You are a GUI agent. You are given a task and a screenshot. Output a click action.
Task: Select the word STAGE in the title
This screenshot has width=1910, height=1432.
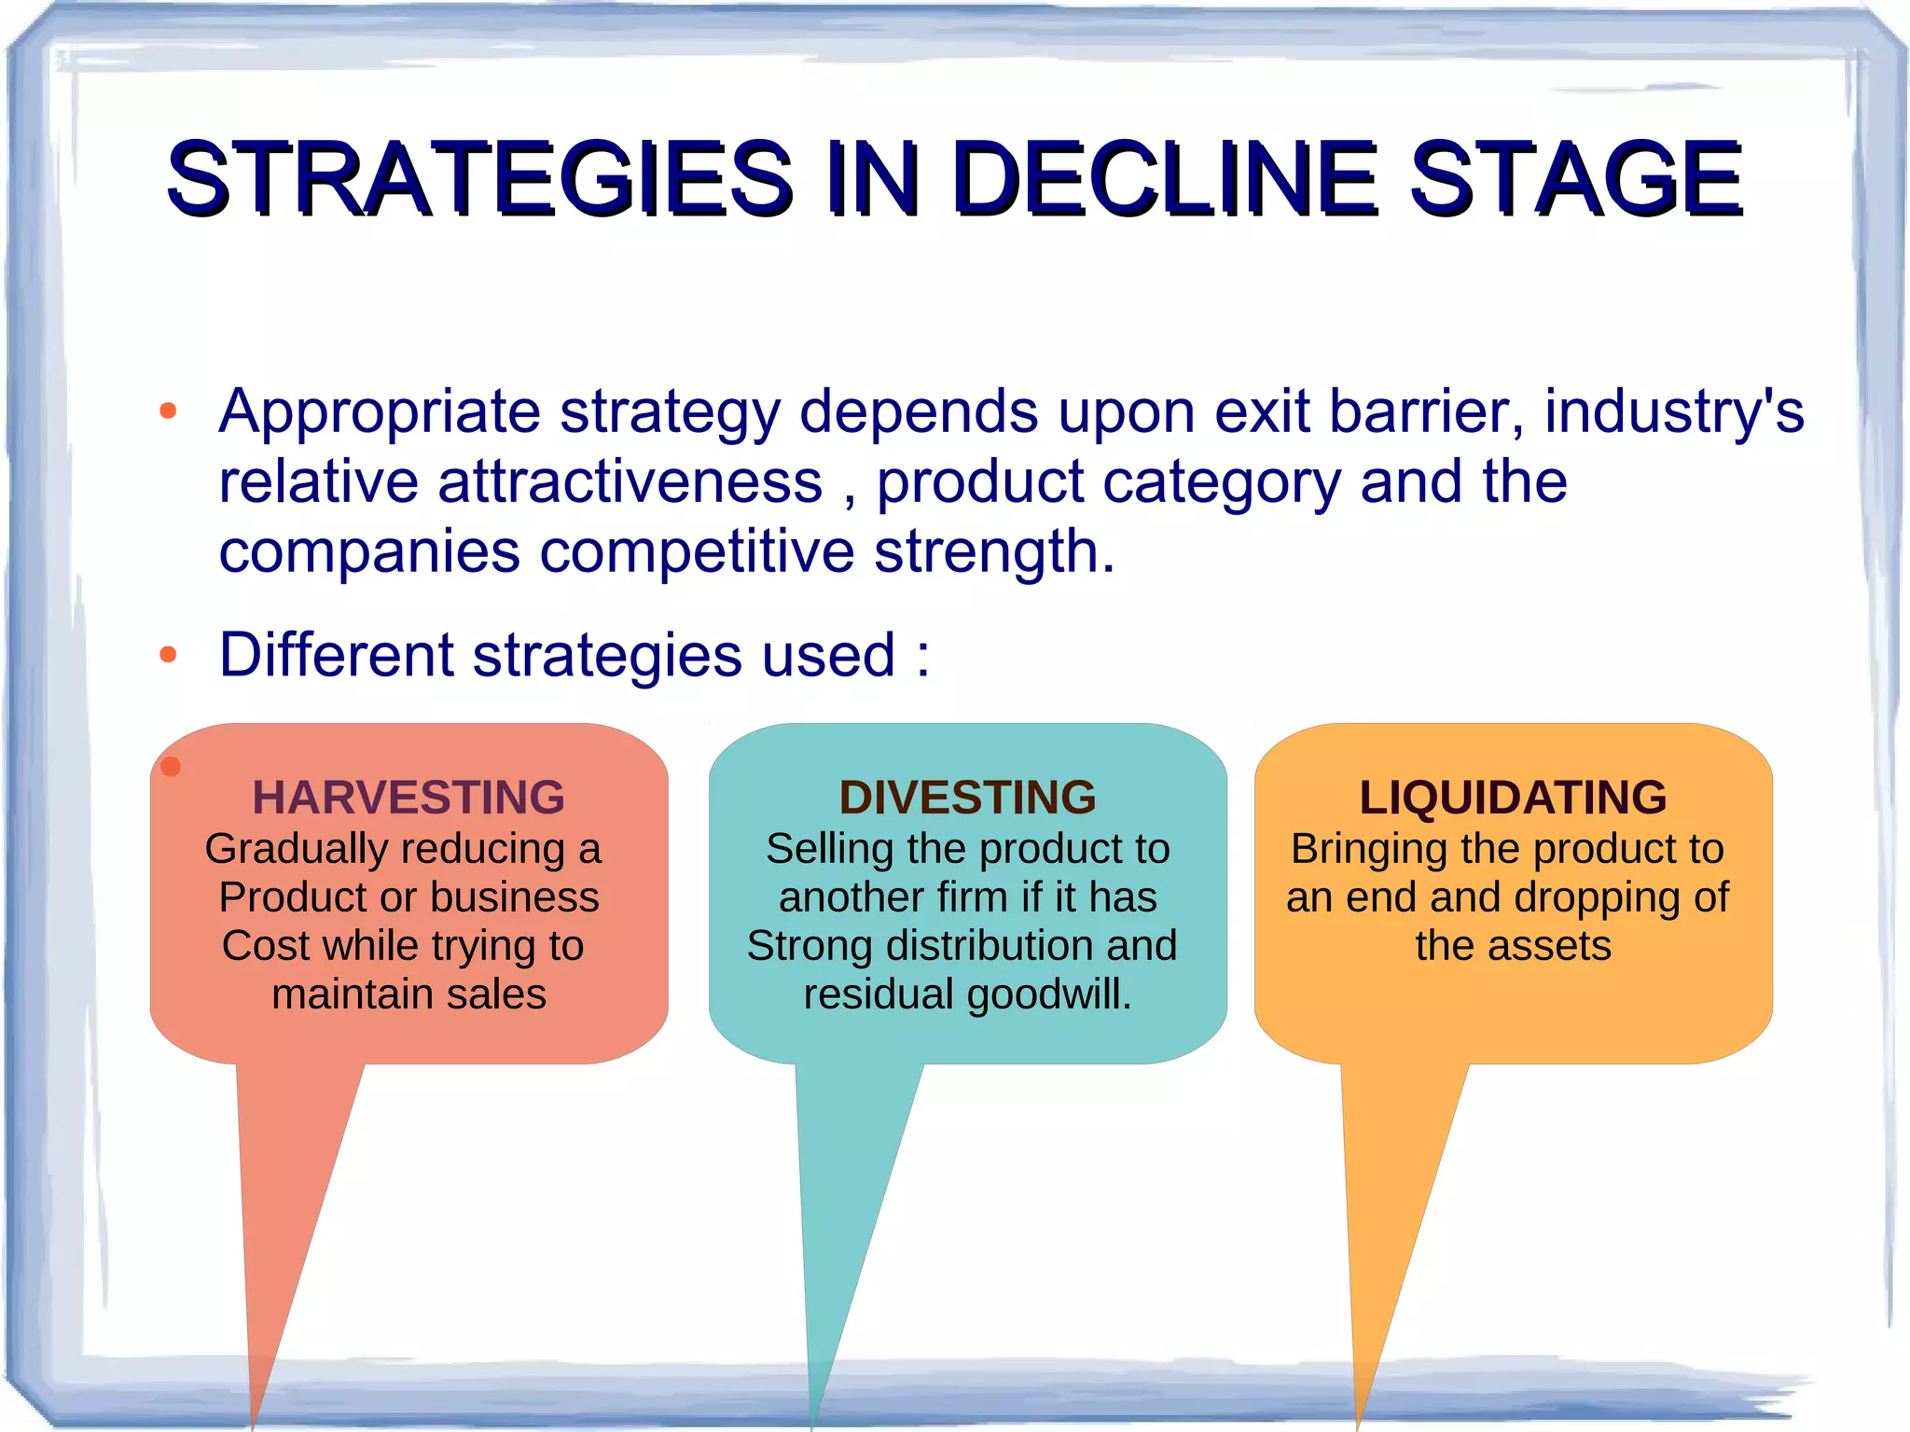(x=1575, y=177)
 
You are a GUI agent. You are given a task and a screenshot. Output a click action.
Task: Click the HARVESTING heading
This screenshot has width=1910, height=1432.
(x=408, y=797)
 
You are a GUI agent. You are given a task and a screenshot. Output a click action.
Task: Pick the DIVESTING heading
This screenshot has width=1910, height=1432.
(x=967, y=797)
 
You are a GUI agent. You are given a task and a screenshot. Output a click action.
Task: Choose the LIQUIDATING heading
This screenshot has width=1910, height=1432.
(x=1512, y=797)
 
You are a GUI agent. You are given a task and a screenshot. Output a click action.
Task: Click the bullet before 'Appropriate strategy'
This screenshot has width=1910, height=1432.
(x=168, y=411)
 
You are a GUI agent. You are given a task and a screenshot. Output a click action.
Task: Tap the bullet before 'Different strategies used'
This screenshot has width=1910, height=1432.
(x=168, y=655)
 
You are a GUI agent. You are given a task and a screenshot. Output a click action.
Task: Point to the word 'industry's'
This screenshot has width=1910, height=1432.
(x=1673, y=411)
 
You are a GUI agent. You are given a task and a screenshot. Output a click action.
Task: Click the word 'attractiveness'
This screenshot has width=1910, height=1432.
(x=630, y=482)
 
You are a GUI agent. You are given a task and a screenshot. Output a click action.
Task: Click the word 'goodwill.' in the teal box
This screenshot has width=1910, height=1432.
(x=1048, y=994)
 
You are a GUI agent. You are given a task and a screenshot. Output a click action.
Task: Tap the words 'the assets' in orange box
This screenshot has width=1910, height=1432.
(x=1512, y=946)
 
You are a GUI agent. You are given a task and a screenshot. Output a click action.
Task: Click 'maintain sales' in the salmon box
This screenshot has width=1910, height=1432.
(x=408, y=994)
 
